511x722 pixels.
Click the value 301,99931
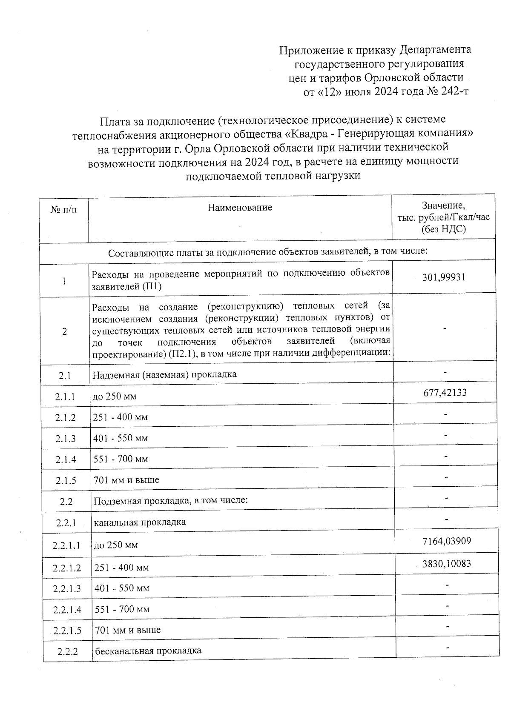(x=444, y=277)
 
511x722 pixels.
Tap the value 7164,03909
(x=447, y=541)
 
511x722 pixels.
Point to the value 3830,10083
(x=447, y=564)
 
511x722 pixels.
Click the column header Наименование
(x=240, y=208)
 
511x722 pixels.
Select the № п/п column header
(x=64, y=209)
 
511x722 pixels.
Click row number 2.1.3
(x=66, y=439)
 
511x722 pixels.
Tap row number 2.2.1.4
(x=67, y=610)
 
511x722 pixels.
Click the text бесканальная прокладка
(x=148, y=651)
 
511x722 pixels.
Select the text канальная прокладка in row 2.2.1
(x=140, y=522)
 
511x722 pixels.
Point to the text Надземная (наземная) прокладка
(x=165, y=374)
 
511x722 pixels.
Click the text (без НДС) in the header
(x=443, y=229)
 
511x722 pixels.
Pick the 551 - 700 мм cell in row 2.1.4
(x=121, y=459)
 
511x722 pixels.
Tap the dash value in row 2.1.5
(x=446, y=477)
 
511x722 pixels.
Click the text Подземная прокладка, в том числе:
(x=170, y=501)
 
